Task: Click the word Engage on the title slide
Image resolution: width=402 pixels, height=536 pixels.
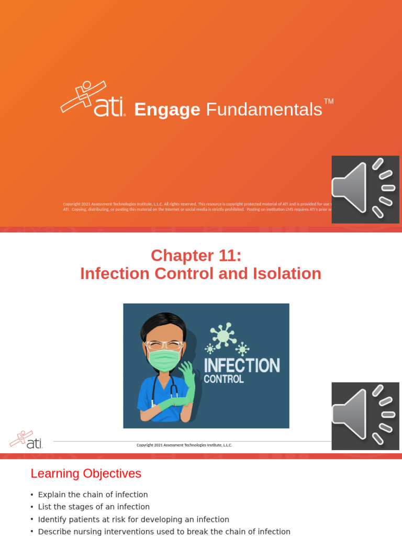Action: (x=167, y=110)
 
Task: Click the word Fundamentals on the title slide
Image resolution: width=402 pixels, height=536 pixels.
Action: (x=264, y=110)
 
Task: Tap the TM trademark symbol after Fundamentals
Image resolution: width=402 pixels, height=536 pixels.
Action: (x=329, y=102)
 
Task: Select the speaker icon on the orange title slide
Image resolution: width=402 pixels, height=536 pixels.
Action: (x=365, y=189)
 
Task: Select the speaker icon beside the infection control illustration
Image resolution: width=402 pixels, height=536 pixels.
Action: (x=365, y=416)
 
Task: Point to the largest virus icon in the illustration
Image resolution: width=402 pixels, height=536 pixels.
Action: (x=224, y=334)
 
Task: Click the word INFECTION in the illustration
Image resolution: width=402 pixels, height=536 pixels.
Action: (x=241, y=365)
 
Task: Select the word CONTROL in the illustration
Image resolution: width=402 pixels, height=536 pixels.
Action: (x=224, y=379)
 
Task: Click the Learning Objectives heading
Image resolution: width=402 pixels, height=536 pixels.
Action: (x=86, y=474)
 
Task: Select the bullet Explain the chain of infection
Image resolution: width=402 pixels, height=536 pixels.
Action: (x=93, y=495)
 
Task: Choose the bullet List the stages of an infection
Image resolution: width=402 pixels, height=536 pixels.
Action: (x=94, y=507)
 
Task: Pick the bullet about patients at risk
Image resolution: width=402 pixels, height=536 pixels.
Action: (x=133, y=519)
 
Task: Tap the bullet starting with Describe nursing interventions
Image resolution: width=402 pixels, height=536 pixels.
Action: (x=164, y=531)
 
